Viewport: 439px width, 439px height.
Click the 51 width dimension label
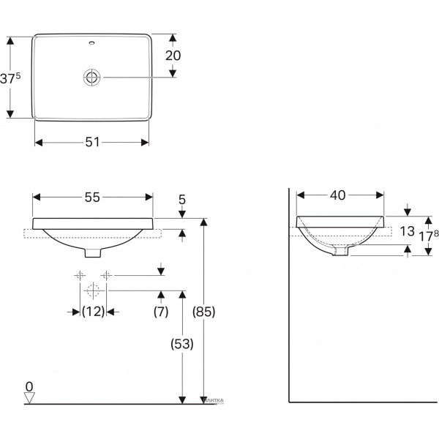pyautogui.click(x=92, y=143)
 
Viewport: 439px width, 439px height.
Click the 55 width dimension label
pyautogui.click(x=92, y=198)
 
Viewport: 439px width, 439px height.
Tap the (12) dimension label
pyautogui.click(x=92, y=312)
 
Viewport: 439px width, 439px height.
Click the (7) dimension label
pyautogui.click(x=161, y=312)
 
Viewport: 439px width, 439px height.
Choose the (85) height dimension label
pyautogui.click(x=204, y=312)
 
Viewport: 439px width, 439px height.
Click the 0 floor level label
pyautogui.click(x=29, y=385)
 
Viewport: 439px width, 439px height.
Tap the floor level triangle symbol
pyautogui.click(x=29, y=397)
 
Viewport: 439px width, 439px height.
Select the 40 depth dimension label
pyautogui.click(x=338, y=195)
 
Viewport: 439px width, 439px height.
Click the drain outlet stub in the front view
pyautogui.click(x=92, y=252)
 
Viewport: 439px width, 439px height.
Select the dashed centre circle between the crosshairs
pyautogui.click(x=92, y=288)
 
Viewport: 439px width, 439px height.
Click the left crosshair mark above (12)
pyautogui.click(x=78, y=275)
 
